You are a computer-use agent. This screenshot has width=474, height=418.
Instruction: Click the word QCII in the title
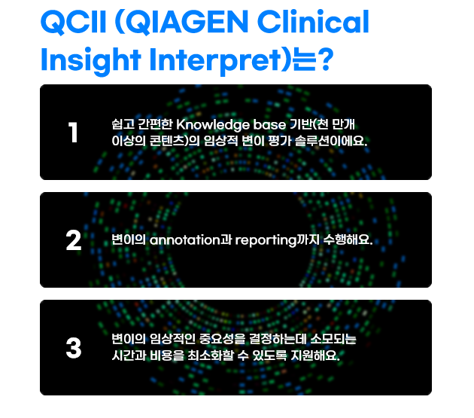click(74, 22)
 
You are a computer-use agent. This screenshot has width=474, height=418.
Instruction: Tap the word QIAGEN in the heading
click(187, 22)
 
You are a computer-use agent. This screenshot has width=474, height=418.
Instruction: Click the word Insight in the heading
click(91, 60)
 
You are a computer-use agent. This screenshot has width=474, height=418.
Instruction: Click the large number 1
click(73, 133)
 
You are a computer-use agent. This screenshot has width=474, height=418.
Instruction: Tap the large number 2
click(74, 240)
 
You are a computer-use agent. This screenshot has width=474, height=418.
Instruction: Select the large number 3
click(74, 348)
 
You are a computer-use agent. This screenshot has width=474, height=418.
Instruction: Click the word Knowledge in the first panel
click(212, 125)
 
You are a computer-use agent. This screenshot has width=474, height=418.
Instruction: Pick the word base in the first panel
click(269, 125)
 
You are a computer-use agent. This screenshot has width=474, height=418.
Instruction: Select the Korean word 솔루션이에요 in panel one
click(331, 141)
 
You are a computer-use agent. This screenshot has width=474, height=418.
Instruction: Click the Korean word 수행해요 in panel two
click(348, 240)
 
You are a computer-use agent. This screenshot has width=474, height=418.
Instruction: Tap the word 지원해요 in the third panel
click(314, 355)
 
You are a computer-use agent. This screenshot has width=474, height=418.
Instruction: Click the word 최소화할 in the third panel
click(211, 355)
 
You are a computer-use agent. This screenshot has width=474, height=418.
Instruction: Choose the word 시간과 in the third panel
click(129, 355)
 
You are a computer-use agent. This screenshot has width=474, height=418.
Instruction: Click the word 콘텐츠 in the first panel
click(168, 141)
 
